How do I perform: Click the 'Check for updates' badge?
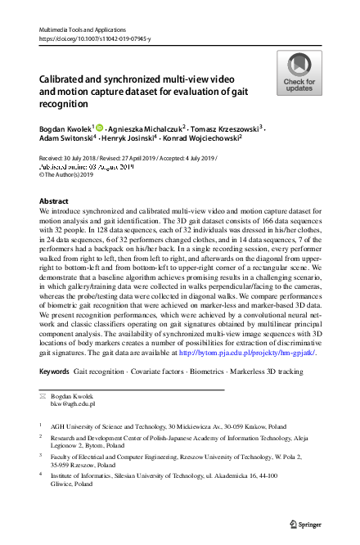coord(299,73)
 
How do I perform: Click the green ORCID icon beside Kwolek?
coord(100,128)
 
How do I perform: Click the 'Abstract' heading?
coord(55,200)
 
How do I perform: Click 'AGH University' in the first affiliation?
coord(80,426)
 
